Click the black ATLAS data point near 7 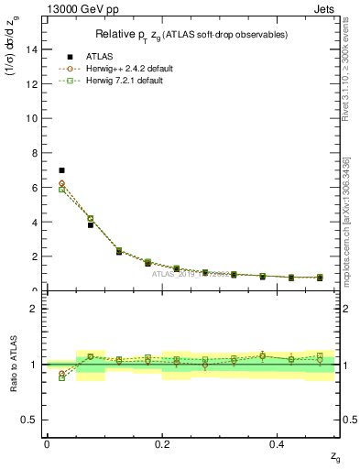61,170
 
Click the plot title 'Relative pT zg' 191,35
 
